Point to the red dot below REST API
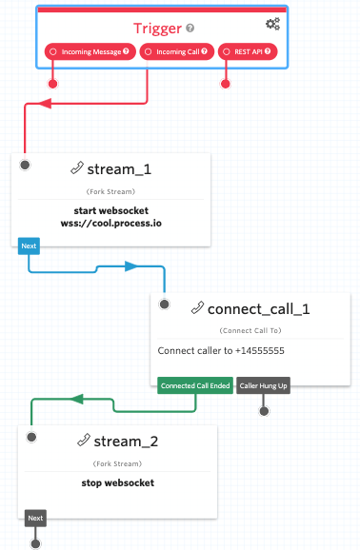[x=226, y=84]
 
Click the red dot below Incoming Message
[x=52, y=84]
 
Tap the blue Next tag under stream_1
[x=29, y=246]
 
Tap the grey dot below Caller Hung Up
[x=265, y=411]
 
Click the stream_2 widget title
[x=124, y=441]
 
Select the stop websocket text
[x=118, y=482]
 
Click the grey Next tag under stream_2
[x=35, y=519]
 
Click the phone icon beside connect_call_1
[x=197, y=308]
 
